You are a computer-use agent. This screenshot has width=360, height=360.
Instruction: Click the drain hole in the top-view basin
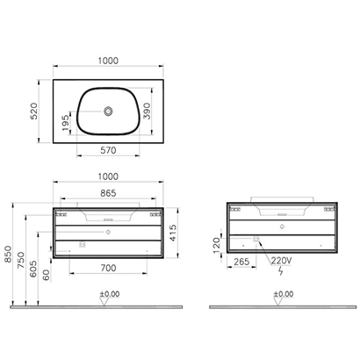[x=109, y=112]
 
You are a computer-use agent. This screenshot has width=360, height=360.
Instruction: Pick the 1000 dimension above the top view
[x=109, y=61]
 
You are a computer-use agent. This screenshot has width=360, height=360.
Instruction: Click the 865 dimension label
[x=109, y=191]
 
